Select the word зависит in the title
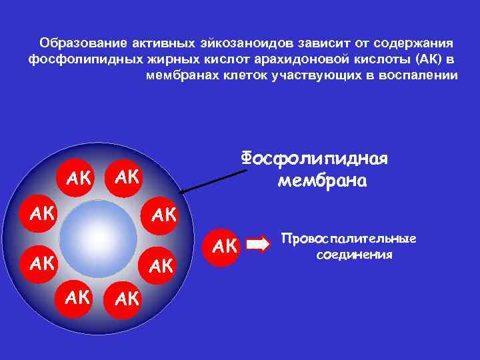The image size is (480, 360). click(311, 43)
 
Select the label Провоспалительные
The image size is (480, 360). click(349, 239)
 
